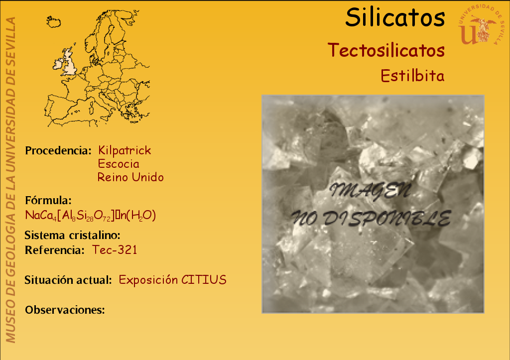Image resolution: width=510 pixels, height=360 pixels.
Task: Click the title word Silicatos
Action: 395,17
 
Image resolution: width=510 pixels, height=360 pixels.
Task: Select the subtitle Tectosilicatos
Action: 386,50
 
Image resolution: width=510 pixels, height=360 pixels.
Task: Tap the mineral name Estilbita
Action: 412,76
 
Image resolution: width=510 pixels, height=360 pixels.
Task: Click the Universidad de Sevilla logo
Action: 481,25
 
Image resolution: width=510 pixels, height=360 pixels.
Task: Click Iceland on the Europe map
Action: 54,22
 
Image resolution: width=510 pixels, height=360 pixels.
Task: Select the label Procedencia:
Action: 58,150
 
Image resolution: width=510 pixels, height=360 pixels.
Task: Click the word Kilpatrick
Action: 125,150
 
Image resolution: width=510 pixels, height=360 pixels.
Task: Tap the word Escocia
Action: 119,164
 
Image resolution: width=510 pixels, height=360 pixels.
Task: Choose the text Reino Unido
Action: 130,177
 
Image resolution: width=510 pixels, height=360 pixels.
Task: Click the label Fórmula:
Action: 48,200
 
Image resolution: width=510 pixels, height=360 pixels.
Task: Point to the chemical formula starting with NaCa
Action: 91,215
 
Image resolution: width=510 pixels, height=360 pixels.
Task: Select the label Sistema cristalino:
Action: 73,235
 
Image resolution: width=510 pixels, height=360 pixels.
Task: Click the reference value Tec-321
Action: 115,250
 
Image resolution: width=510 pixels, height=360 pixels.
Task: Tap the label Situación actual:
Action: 68,280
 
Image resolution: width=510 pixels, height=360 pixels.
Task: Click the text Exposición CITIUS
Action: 172,280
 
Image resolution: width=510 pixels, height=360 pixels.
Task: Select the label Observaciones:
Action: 65,310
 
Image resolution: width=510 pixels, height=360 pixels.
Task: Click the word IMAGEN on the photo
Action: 370,191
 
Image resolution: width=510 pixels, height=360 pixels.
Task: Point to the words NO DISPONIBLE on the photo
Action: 371,218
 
